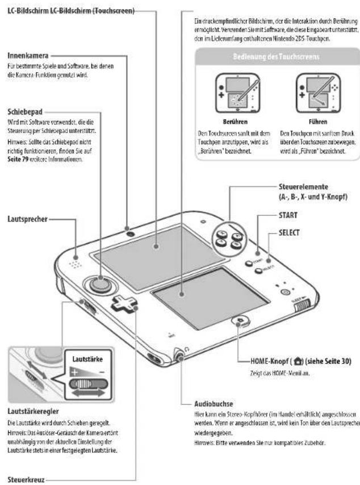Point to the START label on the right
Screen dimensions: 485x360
coord(303,216)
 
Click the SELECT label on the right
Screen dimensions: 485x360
coord(305,233)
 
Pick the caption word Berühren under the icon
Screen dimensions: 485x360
coord(233,121)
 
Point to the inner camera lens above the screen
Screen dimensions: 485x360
coord(131,233)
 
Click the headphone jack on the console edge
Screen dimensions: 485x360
coord(179,357)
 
